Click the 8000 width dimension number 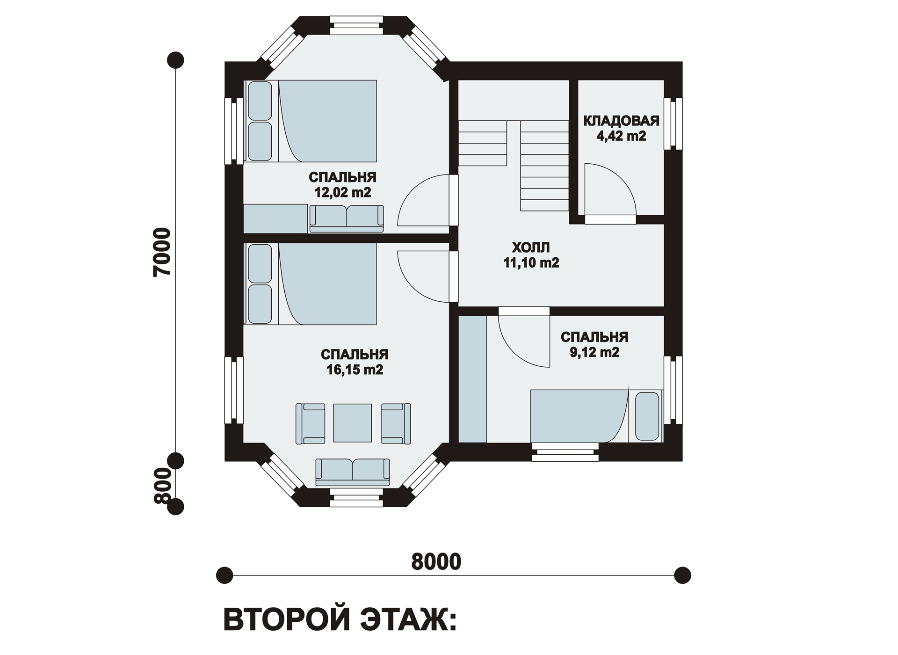436,562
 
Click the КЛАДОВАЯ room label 621,121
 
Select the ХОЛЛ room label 531,247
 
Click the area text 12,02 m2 342,192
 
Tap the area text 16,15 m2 355,370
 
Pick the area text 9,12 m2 594,352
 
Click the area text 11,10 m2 531,263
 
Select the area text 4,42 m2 621,136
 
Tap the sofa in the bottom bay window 353,472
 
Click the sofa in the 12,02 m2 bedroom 347,218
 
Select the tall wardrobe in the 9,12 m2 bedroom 472,379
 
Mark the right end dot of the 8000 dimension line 682,575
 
